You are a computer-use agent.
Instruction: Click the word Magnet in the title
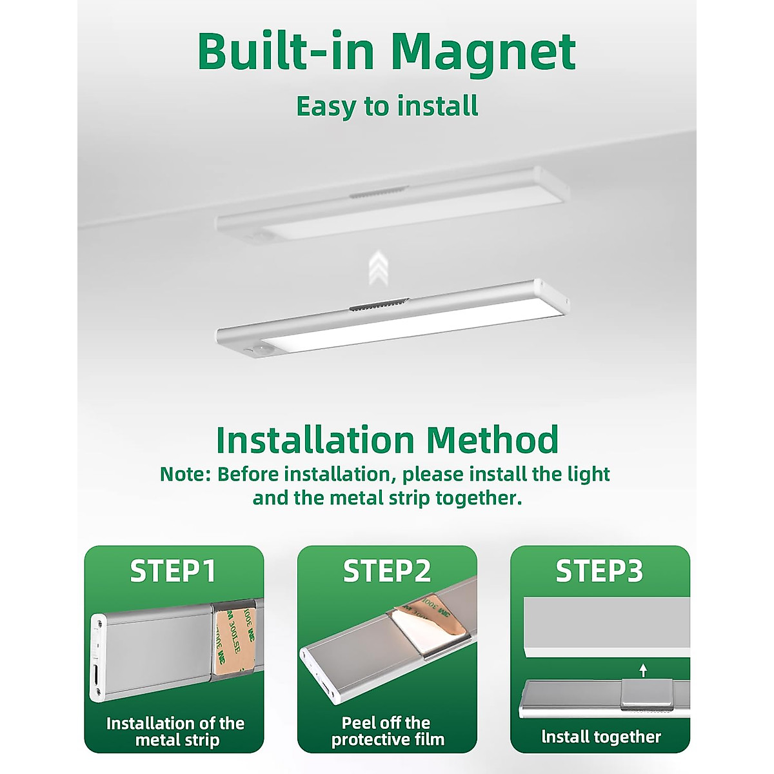pyautogui.click(x=483, y=53)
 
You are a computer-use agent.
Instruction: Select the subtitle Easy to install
pyautogui.click(x=387, y=106)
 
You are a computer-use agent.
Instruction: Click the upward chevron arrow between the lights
pyautogui.click(x=379, y=268)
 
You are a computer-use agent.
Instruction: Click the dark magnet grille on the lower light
pyautogui.click(x=379, y=306)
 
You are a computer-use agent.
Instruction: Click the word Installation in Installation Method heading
pyautogui.click(x=315, y=440)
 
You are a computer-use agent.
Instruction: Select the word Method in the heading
pyautogui.click(x=492, y=440)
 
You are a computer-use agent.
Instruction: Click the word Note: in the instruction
pyautogui.click(x=185, y=475)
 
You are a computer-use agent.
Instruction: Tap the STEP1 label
pyautogui.click(x=173, y=571)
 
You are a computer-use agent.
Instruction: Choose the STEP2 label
pyautogui.click(x=386, y=571)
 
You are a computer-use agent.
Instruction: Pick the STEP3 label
pyautogui.click(x=599, y=571)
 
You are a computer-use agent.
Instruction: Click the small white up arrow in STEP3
pyautogui.click(x=642, y=670)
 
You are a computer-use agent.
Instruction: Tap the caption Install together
pyautogui.click(x=600, y=737)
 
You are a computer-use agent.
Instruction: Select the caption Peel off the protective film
pyautogui.click(x=387, y=731)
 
